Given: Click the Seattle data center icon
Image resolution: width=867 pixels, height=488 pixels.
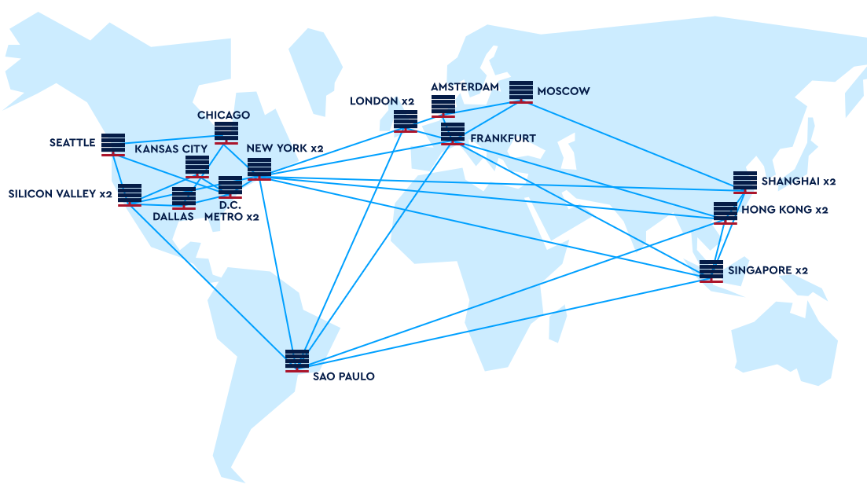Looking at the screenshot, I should [x=113, y=144].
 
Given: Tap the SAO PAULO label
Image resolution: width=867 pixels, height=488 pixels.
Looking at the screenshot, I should [x=343, y=376].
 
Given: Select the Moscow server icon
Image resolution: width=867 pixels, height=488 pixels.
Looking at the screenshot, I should [x=521, y=91].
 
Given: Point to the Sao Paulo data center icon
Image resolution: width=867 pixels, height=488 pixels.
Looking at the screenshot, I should [x=297, y=359].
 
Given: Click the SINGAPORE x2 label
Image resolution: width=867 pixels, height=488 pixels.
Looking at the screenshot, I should [x=767, y=270].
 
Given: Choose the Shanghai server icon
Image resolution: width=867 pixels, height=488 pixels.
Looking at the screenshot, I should [x=745, y=182].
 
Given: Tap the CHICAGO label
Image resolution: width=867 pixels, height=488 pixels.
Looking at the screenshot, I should [x=223, y=116].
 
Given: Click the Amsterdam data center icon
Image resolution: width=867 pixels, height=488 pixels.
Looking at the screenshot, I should [x=443, y=105].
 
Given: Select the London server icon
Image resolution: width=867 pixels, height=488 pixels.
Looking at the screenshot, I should [x=406, y=120].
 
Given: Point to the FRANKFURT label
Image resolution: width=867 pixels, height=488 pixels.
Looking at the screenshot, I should [x=502, y=138].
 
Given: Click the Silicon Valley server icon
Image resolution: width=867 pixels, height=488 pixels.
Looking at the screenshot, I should [x=130, y=194].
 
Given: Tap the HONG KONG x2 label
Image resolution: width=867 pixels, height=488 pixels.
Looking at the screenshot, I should [x=784, y=210].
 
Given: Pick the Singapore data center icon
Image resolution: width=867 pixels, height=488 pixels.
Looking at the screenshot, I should [x=711, y=270].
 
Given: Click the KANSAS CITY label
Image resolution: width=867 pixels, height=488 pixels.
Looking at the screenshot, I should [x=171, y=149].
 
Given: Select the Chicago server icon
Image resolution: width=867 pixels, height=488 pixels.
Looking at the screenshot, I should [x=226, y=132].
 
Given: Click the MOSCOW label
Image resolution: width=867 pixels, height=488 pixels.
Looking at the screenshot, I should [x=563, y=91].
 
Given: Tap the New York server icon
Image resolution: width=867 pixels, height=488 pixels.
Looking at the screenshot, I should [x=259, y=168].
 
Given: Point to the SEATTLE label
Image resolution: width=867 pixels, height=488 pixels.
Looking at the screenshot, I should [x=72, y=142].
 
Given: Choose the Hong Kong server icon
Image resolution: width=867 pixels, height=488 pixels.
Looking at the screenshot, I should [x=726, y=212].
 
